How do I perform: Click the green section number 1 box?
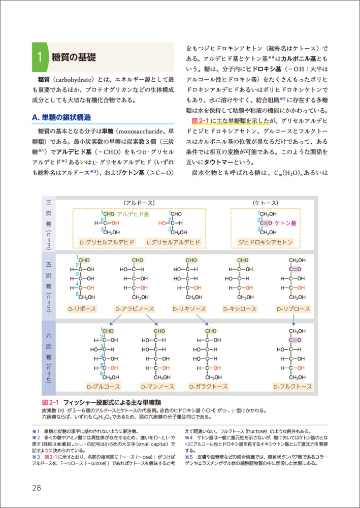click(39, 57)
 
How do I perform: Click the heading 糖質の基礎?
click(74, 57)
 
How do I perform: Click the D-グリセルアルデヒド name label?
click(107, 242)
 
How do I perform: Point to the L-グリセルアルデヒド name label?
click(173, 242)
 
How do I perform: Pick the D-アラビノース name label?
click(135, 308)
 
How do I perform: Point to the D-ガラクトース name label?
click(212, 387)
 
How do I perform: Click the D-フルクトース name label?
click(292, 387)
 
